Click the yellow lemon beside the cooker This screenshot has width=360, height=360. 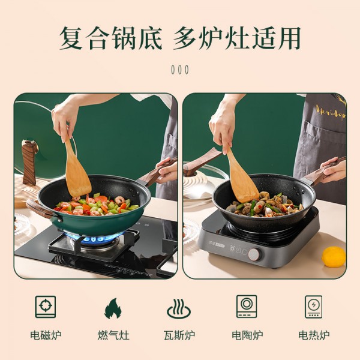[334, 257]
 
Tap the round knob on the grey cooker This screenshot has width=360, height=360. [254, 254]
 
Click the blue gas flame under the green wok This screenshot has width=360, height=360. [94, 238]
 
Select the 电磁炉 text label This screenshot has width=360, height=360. [46, 335]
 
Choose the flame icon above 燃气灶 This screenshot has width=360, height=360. [113, 308]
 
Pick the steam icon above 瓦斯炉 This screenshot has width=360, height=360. [179, 309]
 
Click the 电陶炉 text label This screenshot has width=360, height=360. [247, 335]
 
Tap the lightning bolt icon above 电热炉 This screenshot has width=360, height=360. [313, 305]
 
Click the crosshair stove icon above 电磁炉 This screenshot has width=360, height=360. [46, 307]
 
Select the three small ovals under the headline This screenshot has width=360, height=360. [180, 70]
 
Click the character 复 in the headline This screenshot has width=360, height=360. [71, 38]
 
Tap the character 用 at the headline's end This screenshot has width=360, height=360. [289, 38]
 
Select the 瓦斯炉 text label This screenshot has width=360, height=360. [179, 335]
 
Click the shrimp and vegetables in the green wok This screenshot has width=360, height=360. [97, 205]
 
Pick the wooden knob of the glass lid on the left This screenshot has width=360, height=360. [29, 161]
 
